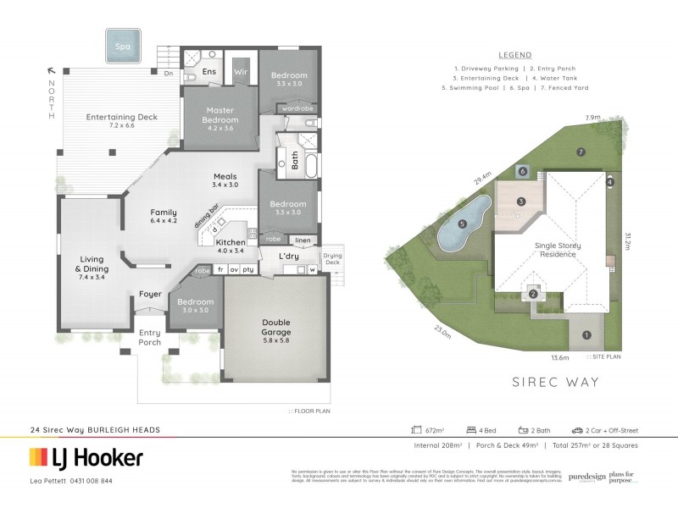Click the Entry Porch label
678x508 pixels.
pos(149,337)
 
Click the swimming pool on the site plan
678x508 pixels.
pos(464,224)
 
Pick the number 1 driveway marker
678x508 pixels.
pos(586,334)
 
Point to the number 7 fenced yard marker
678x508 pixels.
pos(581,152)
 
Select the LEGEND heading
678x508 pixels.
pos(514,54)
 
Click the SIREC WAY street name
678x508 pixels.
pos(555,383)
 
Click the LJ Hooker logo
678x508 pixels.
pos(86,457)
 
